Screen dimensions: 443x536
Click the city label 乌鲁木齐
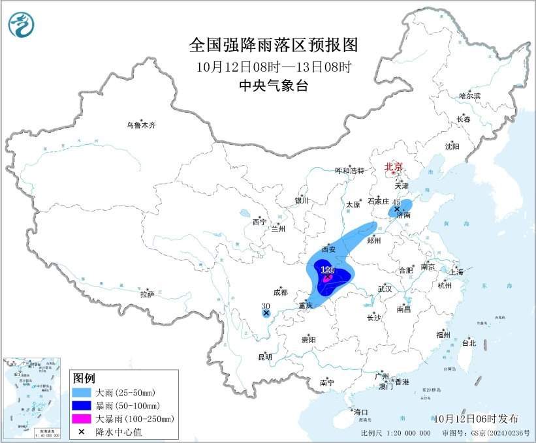(142, 125)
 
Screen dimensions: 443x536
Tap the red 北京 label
(394, 166)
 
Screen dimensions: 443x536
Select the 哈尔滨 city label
(469, 96)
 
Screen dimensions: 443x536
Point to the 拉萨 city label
(147, 294)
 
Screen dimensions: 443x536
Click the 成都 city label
(280, 293)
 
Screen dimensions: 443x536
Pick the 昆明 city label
(264, 357)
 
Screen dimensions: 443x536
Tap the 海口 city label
(361, 412)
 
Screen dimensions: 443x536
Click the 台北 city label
(469, 343)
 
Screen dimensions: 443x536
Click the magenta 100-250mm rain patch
(328, 279)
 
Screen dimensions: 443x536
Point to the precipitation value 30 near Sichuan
(265, 306)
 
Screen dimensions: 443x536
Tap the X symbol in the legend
(82, 431)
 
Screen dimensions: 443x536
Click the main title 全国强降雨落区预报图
(274, 45)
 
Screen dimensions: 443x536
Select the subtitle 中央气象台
(274, 85)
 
